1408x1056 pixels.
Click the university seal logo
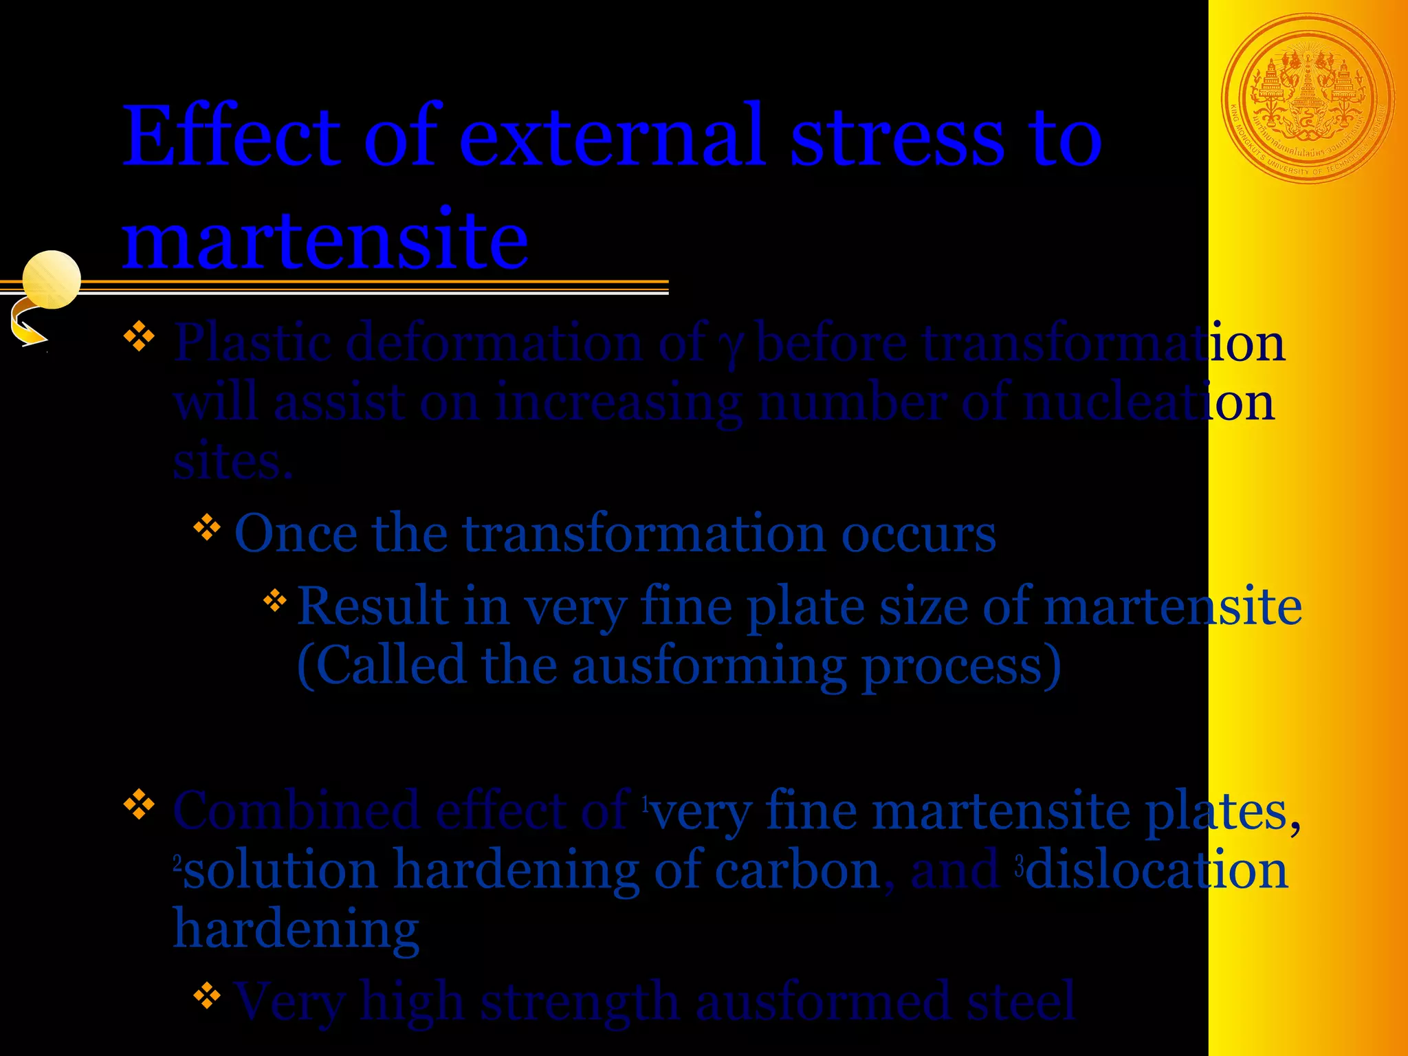(x=1308, y=99)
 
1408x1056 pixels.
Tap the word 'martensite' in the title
(x=325, y=239)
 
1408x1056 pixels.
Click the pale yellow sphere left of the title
(x=52, y=279)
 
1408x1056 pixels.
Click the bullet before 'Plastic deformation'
(x=140, y=337)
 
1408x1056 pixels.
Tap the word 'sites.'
(x=232, y=462)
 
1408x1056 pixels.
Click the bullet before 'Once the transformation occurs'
(x=207, y=528)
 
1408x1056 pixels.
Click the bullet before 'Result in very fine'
(x=275, y=600)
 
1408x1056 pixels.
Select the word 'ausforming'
(x=709, y=666)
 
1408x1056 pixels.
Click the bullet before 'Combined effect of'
(x=140, y=804)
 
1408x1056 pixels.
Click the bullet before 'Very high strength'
(x=207, y=995)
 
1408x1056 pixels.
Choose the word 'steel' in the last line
(x=1021, y=1001)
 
